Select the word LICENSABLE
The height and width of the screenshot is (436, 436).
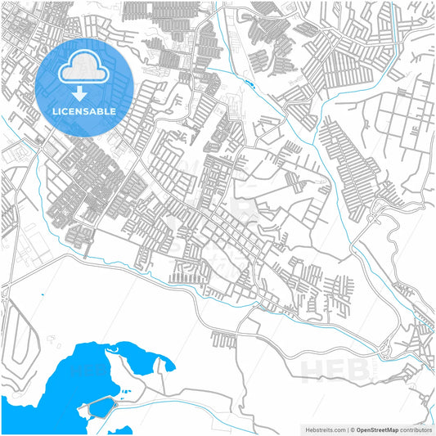[x=85, y=111]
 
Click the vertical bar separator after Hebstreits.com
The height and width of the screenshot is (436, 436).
[x=347, y=429]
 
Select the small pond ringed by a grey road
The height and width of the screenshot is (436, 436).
[x=101, y=407]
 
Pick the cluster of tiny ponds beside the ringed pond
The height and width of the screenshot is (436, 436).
[x=124, y=394]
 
